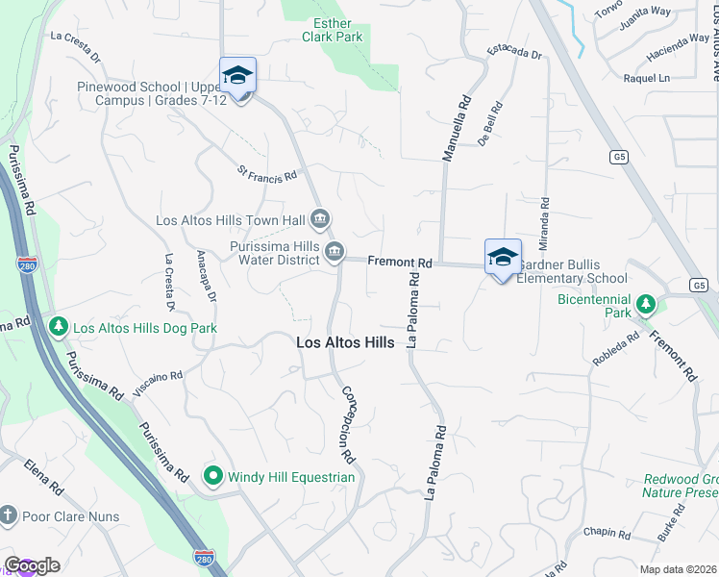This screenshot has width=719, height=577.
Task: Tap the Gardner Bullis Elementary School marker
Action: (x=503, y=257)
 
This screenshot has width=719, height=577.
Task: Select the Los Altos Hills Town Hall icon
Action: (x=321, y=220)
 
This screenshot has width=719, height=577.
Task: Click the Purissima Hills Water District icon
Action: (x=334, y=253)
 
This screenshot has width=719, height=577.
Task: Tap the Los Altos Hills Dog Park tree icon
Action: (x=59, y=328)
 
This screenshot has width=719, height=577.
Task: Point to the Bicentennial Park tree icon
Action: (x=646, y=306)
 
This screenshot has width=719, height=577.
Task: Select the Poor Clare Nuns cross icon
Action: (x=9, y=516)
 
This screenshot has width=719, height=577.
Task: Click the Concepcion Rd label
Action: (x=348, y=422)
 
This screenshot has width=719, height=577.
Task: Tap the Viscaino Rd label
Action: (x=159, y=384)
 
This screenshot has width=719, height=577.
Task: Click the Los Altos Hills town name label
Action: (x=345, y=341)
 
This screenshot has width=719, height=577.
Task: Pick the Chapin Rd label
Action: (x=606, y=533)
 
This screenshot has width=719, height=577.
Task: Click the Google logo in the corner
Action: (x=32, y=565)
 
